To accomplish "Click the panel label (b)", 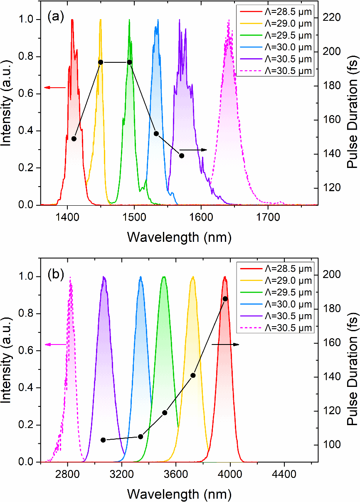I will (55, 275).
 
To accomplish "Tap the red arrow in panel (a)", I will (55, 87).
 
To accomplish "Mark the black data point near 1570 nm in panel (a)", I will (182, 155).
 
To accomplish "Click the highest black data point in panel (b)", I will (225, 299).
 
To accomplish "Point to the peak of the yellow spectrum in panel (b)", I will (192, 277).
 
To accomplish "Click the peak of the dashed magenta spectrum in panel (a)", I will (229, 20).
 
